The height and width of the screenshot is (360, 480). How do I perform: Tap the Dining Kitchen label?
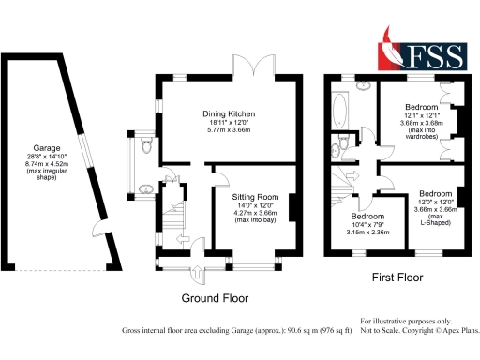[x=229, y=114]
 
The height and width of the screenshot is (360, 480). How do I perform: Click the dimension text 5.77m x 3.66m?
[x=229, y=132]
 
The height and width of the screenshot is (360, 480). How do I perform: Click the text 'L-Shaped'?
[x=436, y=224]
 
